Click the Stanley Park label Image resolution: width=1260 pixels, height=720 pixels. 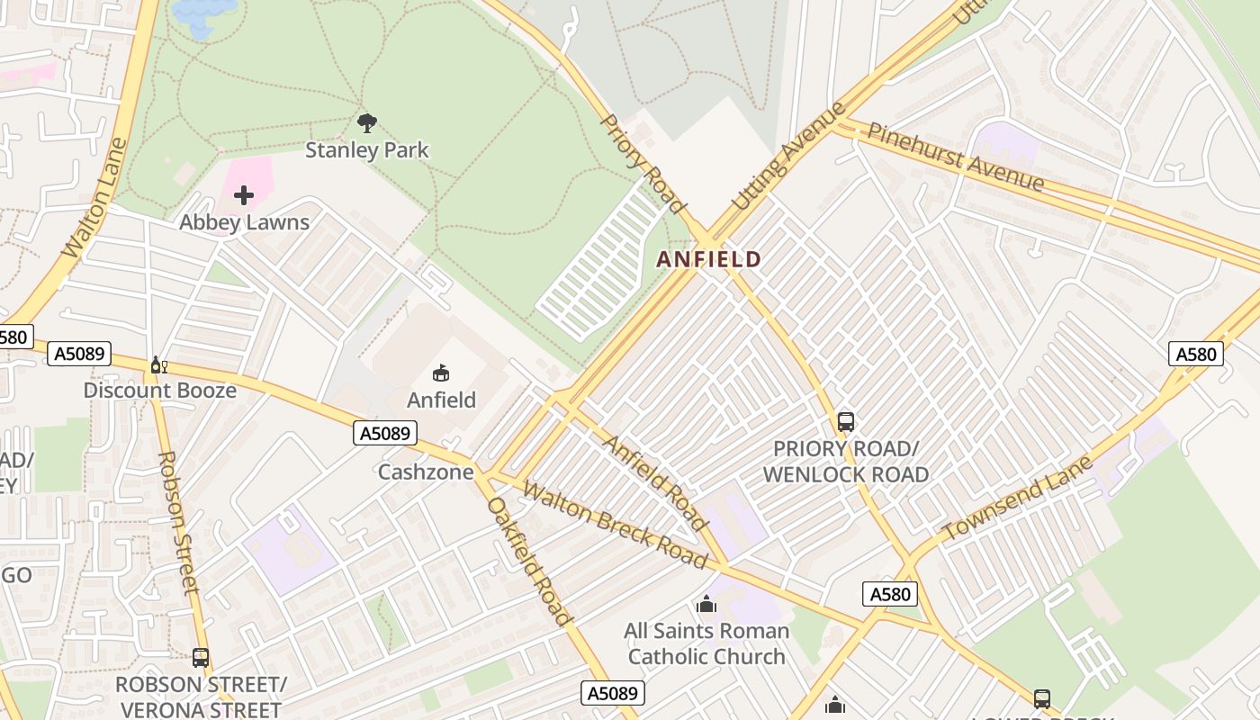367,149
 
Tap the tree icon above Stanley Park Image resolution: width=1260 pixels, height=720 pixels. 367,123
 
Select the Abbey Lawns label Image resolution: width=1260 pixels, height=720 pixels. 244,222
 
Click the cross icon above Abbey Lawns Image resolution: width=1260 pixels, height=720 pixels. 244,195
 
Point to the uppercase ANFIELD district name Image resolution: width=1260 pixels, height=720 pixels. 709,260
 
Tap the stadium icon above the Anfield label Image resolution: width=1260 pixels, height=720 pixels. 441,373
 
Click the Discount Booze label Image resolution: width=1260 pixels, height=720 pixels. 160,391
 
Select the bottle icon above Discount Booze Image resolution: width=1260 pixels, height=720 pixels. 159,364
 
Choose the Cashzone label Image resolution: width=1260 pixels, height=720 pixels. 426,472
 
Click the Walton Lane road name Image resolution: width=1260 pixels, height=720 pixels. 93,211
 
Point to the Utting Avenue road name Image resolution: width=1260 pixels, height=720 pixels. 789,157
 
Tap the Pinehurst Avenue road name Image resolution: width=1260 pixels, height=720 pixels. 955,157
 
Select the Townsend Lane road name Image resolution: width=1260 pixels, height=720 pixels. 1017,498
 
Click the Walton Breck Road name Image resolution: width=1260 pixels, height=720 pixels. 615,526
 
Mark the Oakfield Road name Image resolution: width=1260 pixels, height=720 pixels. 529,560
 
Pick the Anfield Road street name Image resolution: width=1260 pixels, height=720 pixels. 654,482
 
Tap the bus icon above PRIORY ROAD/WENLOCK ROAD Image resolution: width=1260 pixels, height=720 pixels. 845,421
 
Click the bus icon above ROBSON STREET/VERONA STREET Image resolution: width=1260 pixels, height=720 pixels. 201,658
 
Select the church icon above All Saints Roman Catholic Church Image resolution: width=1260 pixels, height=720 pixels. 706,604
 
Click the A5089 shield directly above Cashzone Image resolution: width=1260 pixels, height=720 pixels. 386,434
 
